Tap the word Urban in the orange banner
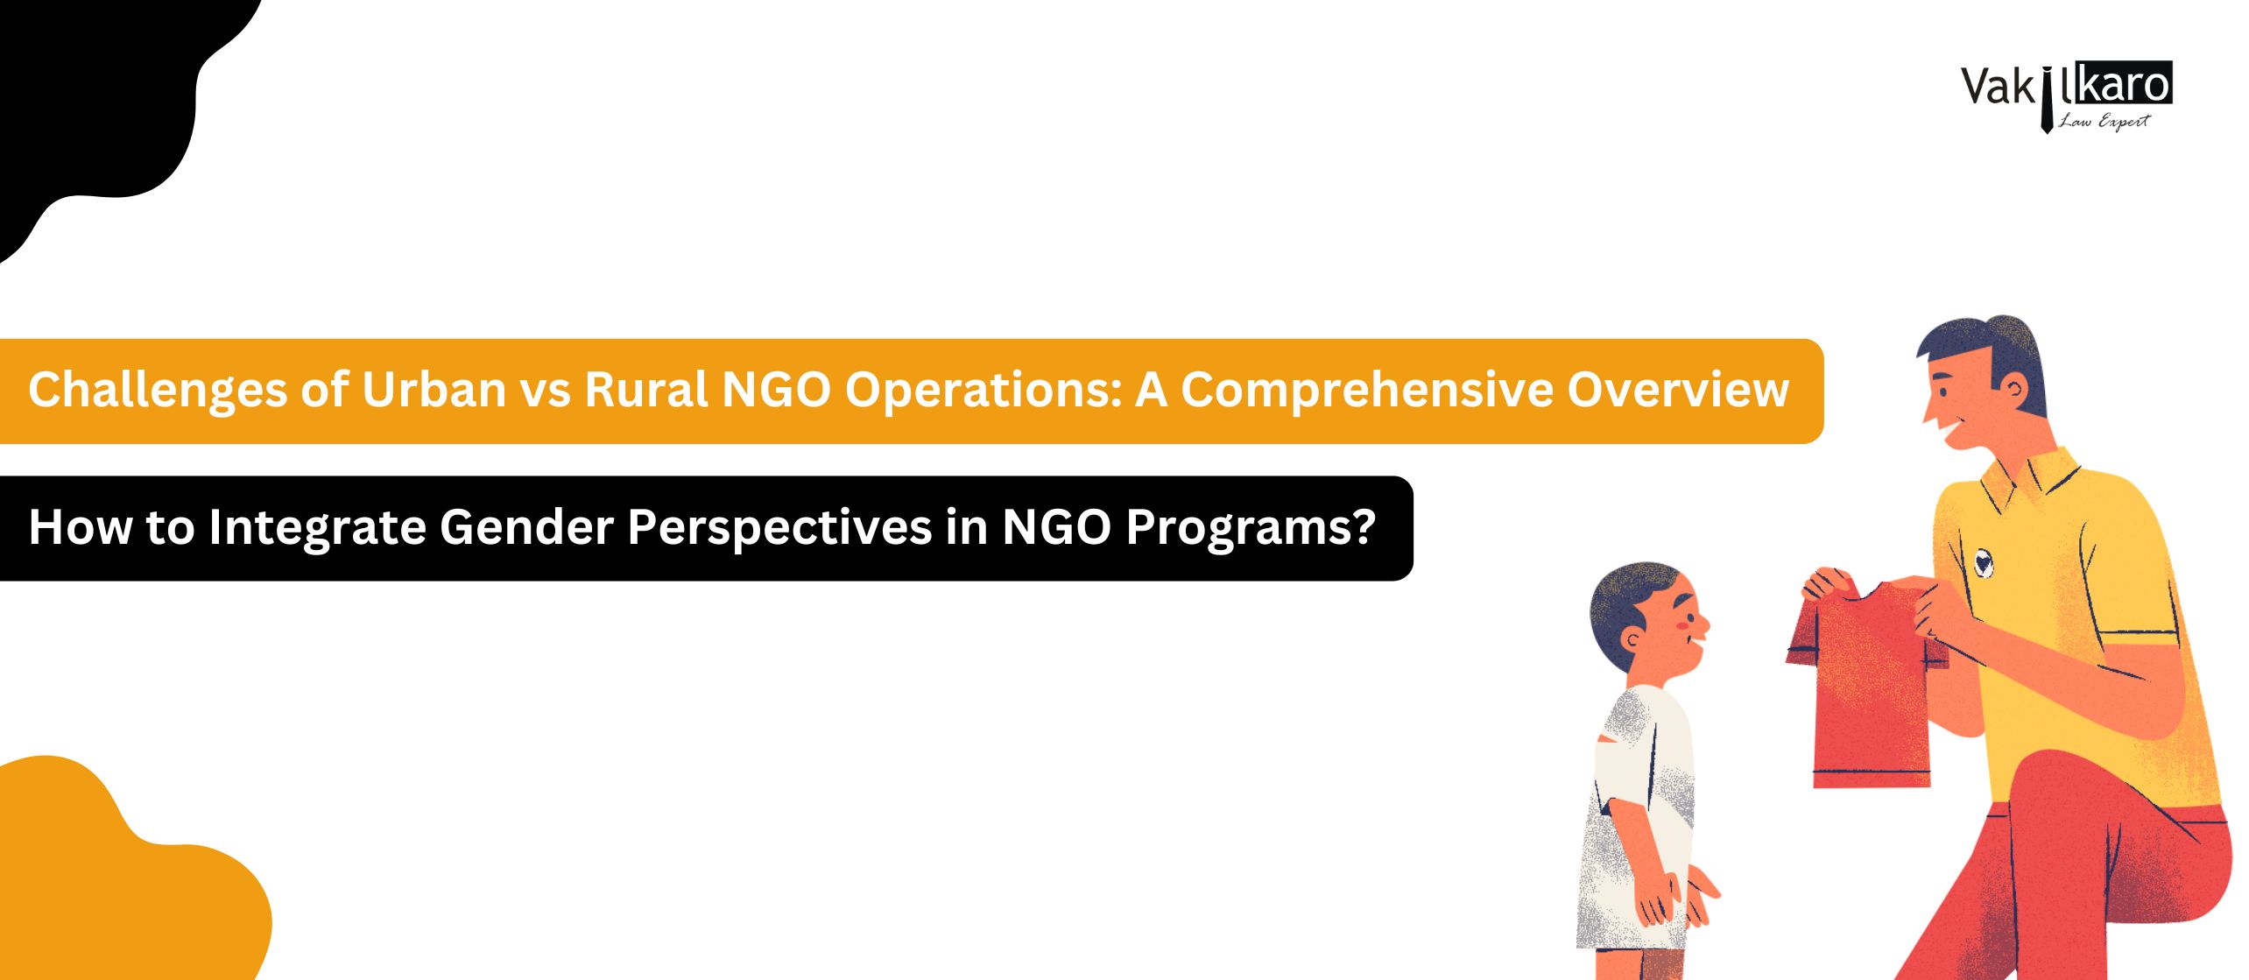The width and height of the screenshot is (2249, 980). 434,390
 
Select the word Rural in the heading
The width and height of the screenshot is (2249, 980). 646,390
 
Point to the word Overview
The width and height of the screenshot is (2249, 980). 1678,390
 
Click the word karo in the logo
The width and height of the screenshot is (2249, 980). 2125,85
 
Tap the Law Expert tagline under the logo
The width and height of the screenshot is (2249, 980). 2104,121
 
